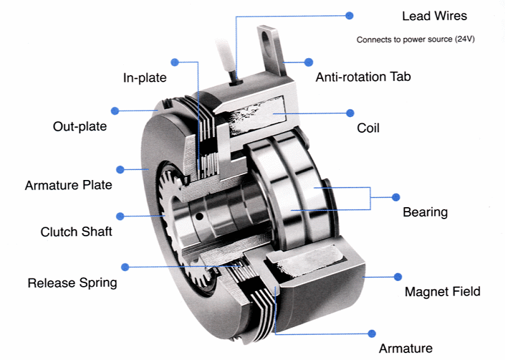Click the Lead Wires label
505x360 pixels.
click(x=434, y=16)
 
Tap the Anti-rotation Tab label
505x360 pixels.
click(x=363, y=77)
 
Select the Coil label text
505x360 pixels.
click(x=368, y=128)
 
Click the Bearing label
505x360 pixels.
click(x=425, y=212)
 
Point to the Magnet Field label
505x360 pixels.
click(x=442, y=292)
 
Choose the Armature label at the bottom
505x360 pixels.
click(x=405, y=349)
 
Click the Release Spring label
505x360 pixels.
click(x=72, y=282)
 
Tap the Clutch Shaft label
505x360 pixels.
click(x=76, y=232)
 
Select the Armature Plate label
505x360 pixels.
click(x=68, y=186)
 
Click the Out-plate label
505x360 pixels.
click(x=80, y=127)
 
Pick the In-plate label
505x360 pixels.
click(x=145, y=78)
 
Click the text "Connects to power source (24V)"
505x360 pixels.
click(x=415, y=40)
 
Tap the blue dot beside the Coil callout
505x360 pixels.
click(x=350, y=113)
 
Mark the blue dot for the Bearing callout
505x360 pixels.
click(x=396, y=197)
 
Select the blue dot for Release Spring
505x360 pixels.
click(x=125, y=267)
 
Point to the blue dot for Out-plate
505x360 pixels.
click(x=115, y=111)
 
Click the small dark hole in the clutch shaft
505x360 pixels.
click(x=199, y=217)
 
